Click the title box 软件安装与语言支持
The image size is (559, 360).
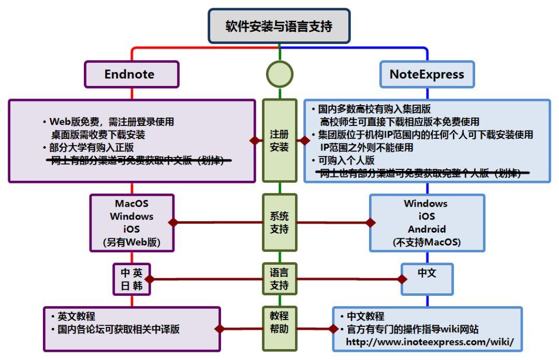279,26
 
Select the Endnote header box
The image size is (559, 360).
131,74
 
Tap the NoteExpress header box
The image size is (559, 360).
427,74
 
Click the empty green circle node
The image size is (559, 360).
279,74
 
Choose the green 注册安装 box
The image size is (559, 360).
279,140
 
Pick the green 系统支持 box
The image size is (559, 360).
279,223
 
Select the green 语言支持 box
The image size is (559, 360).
279,279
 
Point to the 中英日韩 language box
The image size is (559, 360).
131,279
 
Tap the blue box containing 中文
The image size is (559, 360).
427,273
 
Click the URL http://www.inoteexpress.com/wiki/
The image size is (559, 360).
430,342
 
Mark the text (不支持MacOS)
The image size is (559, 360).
427,242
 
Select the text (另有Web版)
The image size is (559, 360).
131,242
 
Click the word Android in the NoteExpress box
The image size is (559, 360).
427,229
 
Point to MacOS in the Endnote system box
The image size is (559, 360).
131,204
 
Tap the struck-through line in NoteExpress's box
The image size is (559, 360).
422,174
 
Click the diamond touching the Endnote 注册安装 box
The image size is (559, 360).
254,140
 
